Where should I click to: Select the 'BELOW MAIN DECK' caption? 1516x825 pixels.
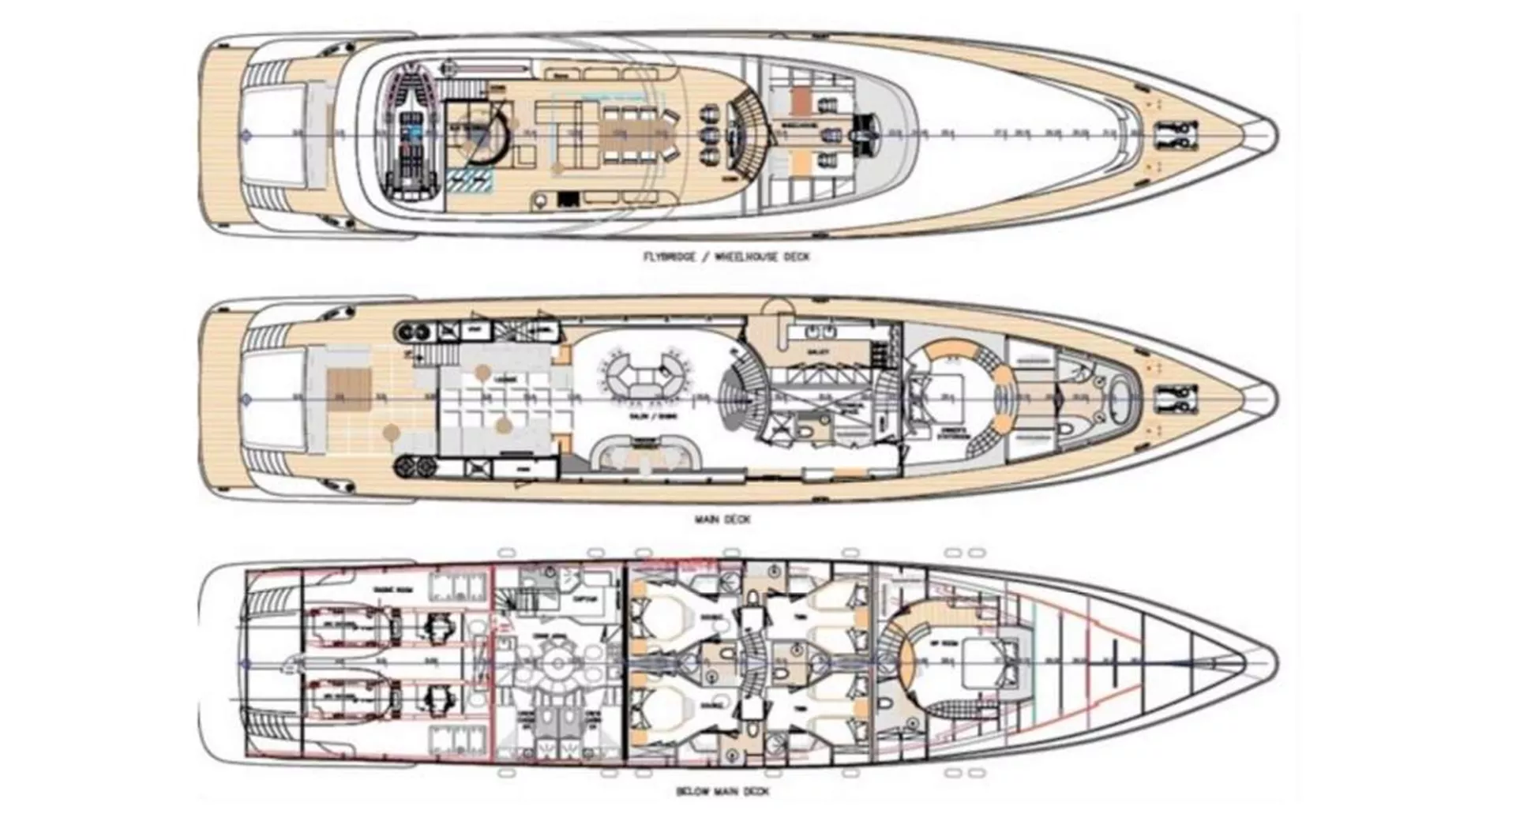(x=722, y=791)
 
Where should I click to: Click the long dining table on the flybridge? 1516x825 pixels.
(x=632, y=136)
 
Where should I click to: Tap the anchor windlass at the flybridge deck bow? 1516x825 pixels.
(x=1176, y=136)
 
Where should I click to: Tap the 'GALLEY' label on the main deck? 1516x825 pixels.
(x=813, y=352)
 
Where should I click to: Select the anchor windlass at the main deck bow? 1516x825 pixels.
(x=1176, y=399)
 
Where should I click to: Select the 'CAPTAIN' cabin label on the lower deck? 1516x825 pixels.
(x=585, y=598)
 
